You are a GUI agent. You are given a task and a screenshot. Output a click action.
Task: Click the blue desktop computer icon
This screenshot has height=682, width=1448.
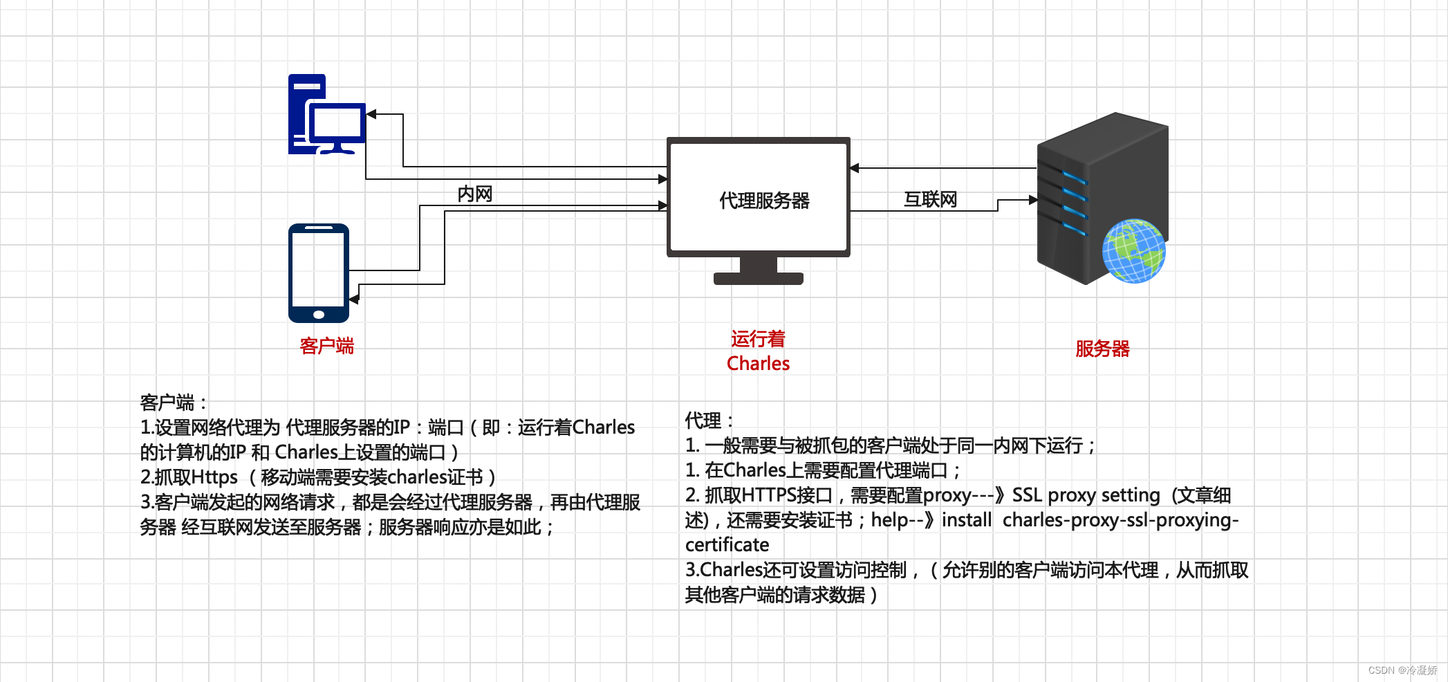coord(326,115)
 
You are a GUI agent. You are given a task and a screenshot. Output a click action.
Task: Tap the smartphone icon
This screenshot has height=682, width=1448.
coord(319,273)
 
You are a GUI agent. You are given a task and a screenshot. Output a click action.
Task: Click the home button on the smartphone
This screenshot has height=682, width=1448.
coord(319,315)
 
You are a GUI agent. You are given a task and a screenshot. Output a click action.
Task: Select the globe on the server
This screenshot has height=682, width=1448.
coord(1133,251)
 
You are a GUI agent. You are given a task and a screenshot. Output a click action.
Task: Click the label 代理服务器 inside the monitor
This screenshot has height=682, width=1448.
coord(764,201)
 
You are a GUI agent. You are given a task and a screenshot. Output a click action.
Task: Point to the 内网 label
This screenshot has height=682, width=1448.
coord(474,194)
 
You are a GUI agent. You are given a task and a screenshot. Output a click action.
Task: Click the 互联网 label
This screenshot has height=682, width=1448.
coord(930,200)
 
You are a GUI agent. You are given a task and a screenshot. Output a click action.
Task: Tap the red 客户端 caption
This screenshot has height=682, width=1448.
coord(326,346)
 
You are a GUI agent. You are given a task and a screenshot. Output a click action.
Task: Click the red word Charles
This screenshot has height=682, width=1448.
coord(758,364)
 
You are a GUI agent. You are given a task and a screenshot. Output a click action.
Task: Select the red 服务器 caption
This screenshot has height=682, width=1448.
coord(1102,349)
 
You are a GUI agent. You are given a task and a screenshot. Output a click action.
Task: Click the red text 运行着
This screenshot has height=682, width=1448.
coord(758,339)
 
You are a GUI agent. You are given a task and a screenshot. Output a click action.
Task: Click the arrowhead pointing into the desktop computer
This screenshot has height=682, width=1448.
coord(371,114)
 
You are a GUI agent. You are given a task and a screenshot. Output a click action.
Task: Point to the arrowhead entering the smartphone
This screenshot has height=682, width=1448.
coord(354,299)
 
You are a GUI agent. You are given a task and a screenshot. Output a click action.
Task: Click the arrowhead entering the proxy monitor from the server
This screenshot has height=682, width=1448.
coord(855,168)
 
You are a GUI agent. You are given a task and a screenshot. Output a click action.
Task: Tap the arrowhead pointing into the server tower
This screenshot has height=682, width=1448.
coord(1032,200)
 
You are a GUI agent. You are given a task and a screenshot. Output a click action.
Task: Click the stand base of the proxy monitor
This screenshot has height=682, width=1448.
coord(758,279)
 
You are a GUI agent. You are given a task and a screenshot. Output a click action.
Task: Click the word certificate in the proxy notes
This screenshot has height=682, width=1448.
coord(727,545)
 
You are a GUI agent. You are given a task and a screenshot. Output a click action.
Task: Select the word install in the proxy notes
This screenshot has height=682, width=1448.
coord(966,520)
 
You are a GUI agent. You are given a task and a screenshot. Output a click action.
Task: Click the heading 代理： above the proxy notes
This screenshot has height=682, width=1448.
coord(709,421)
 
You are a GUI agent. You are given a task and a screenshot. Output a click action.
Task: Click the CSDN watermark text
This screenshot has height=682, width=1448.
coord(1402,670)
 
